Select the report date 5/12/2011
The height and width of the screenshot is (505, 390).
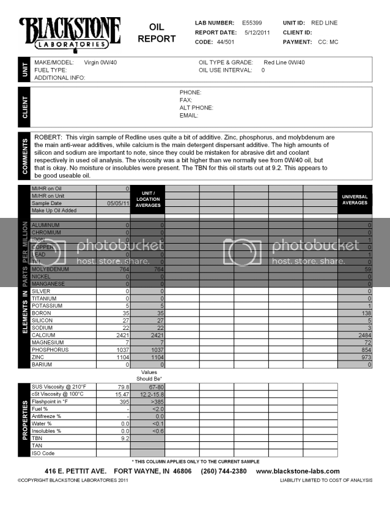pos(257,32)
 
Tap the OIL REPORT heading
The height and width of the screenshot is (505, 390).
pos(156,33)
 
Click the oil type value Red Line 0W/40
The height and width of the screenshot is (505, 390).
pos(284,62)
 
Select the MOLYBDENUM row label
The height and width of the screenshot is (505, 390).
pos(52,269)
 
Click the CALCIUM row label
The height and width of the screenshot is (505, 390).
pos(46,335)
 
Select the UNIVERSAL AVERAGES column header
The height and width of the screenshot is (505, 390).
pos(355,200)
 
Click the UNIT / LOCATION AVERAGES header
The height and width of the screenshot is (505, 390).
pos(148,200)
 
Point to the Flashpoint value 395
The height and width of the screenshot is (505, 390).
pos(124,402)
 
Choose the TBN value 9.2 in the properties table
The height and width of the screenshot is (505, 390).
pos(124,438)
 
